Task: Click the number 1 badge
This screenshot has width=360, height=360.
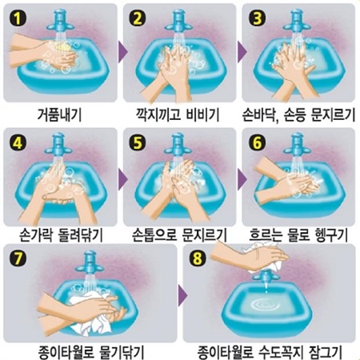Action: (18, 18)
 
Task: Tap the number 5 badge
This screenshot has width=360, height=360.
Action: (138, 142)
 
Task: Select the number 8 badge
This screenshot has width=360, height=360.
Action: (198, 258)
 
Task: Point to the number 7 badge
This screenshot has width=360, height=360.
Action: (18, 258)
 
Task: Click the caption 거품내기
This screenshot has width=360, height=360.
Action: (59, 115)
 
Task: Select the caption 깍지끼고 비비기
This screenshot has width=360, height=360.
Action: (178, 115)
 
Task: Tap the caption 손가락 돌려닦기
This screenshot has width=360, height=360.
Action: (62, 235)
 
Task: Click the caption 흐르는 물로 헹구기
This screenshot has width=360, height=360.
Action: (298, 235)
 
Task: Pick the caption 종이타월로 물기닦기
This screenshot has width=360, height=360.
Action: (91, 352)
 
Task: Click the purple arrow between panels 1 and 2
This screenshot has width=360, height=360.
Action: (122, 52)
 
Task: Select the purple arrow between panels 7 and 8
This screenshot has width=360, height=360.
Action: (182, 295)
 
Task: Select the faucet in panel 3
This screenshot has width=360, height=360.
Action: (297, 21)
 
